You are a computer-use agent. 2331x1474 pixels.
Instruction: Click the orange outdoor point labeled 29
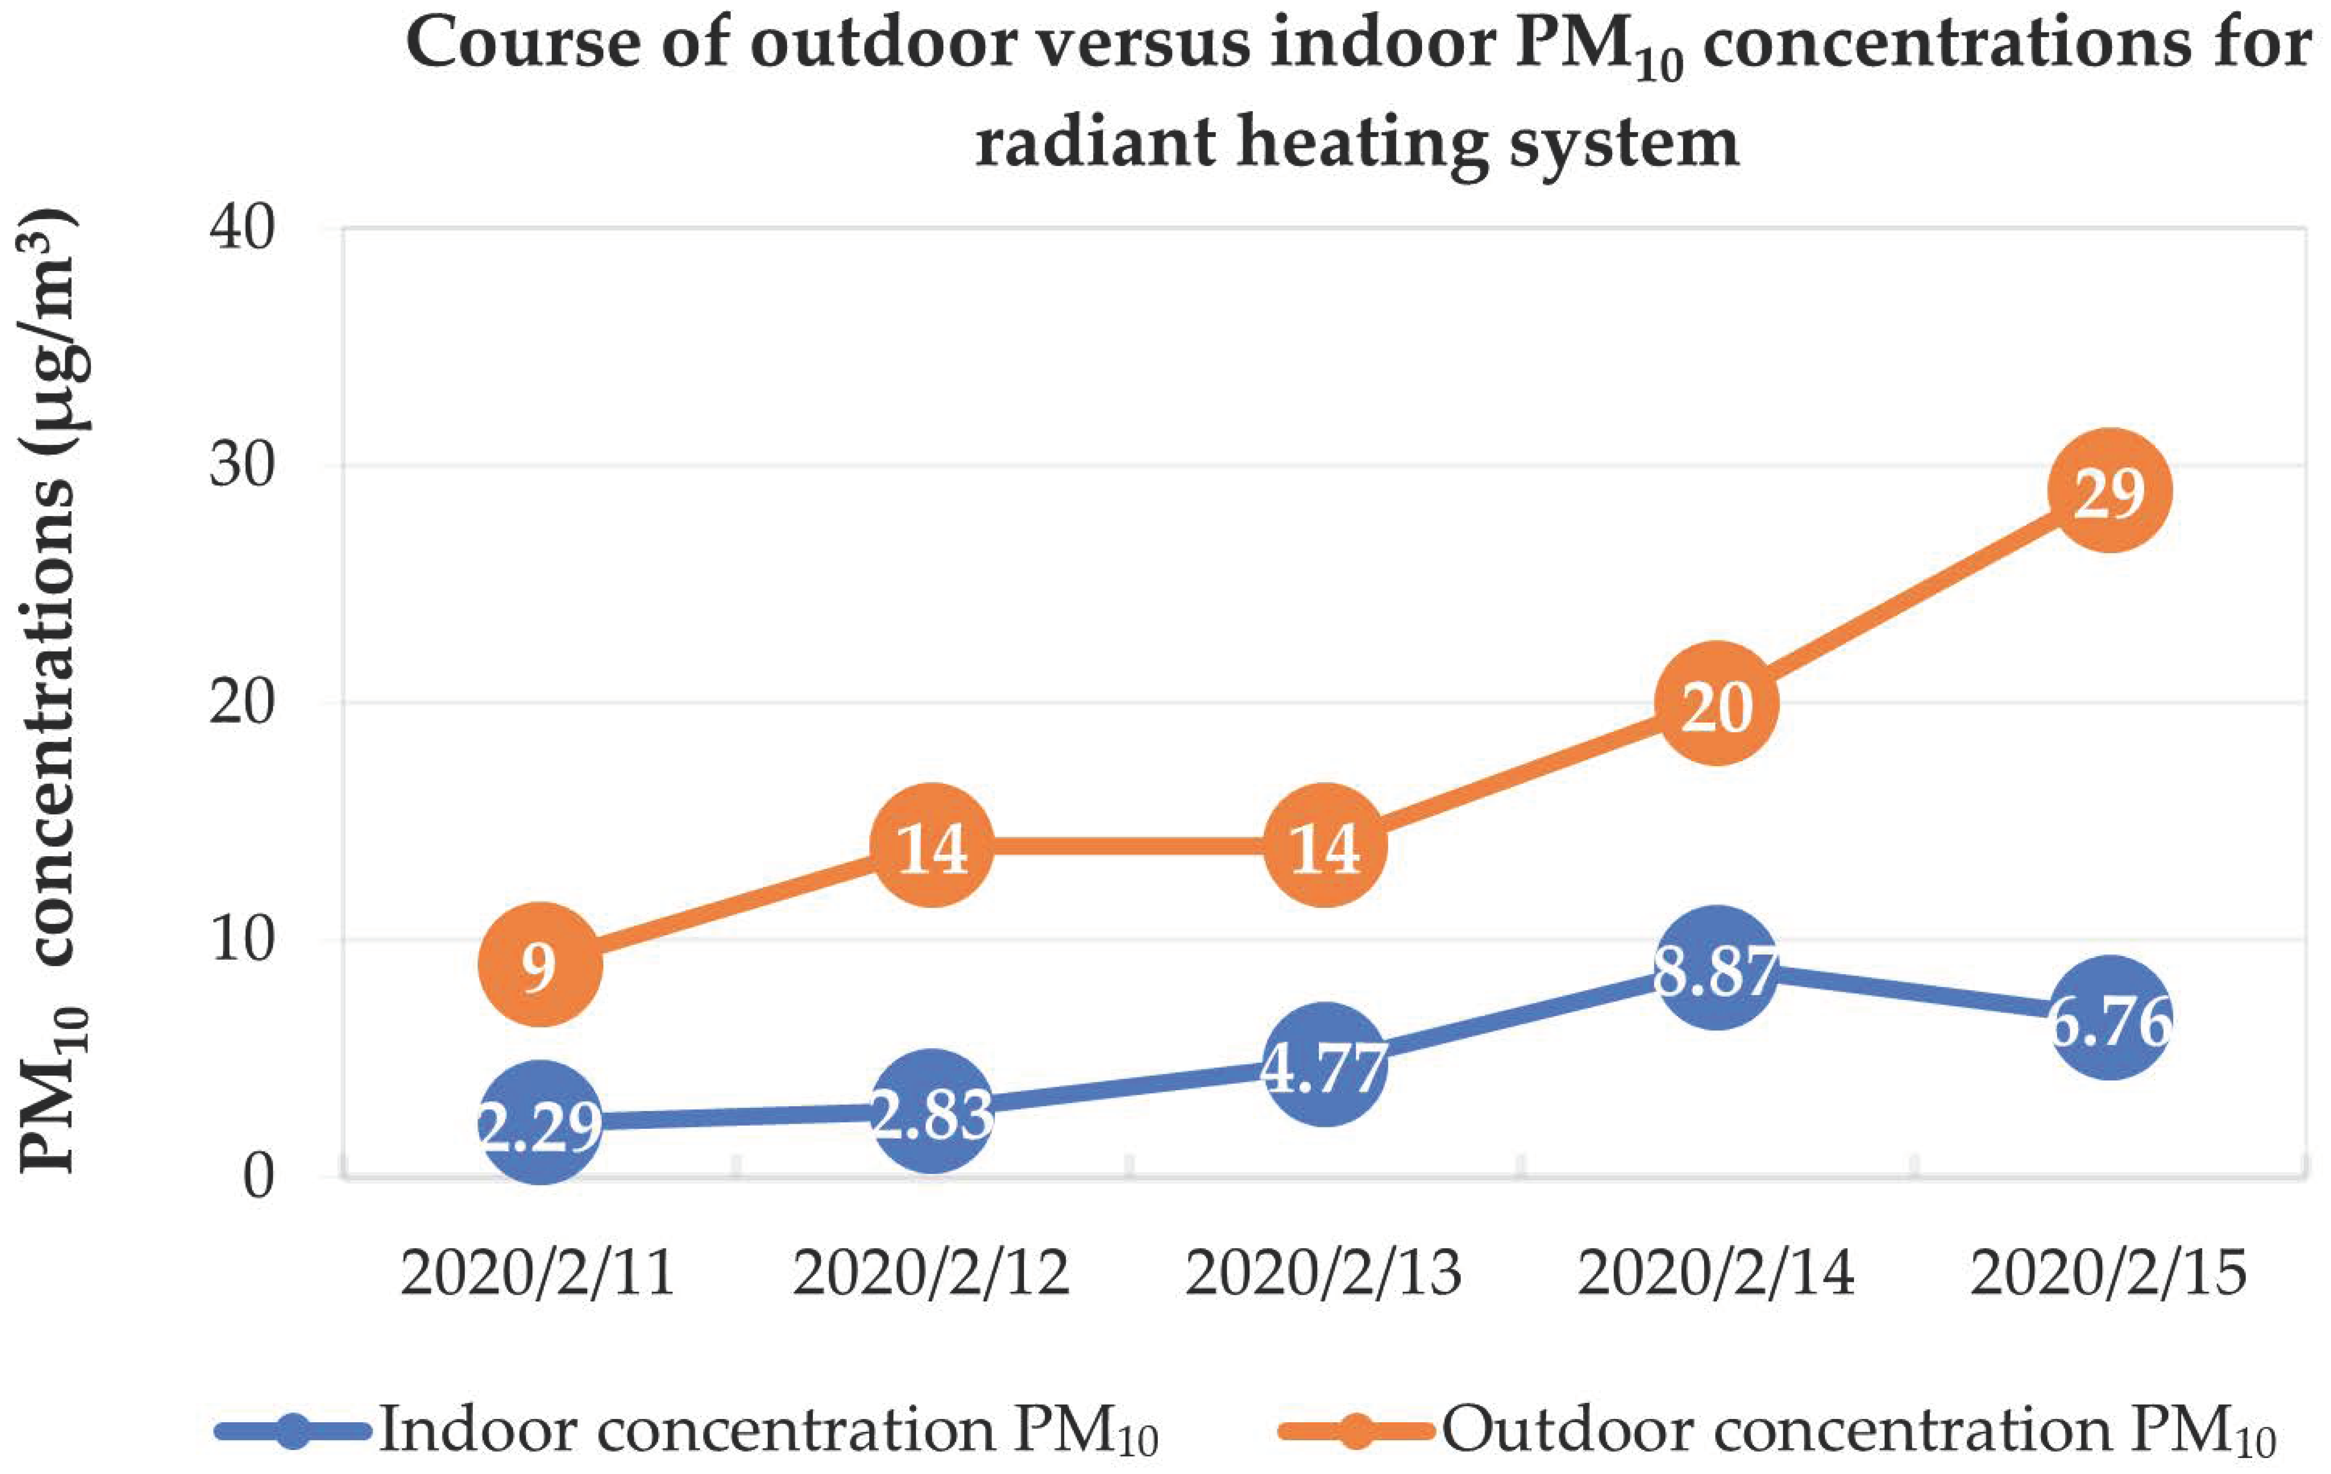2108,491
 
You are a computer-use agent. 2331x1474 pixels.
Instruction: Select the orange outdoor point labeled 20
1716,704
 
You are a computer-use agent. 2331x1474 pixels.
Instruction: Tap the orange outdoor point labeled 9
540,965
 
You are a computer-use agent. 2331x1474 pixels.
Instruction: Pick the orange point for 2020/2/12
932,846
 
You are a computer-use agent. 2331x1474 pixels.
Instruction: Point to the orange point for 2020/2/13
1324,846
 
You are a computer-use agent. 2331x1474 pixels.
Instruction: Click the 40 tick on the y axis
242,230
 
